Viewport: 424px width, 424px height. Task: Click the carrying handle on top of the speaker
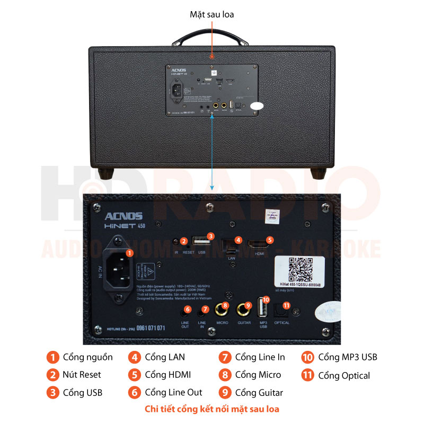[211, 38]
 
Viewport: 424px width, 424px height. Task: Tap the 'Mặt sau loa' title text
[211, 14]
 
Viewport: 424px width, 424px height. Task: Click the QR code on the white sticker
[301, 269]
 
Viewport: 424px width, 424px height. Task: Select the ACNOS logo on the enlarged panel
[123, 216]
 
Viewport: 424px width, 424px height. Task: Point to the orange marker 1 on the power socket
[129, 253]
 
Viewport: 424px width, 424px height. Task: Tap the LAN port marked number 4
[231, 245]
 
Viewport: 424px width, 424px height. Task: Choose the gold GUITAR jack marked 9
[245, 308]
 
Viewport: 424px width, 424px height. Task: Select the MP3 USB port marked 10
[262, 310]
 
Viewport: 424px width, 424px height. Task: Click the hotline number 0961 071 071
[151, 328]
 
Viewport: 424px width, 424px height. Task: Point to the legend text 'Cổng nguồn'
[87, 357]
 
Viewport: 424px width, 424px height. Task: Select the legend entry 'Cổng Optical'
[344, 375]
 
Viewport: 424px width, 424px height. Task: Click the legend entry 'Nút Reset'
[82, 375]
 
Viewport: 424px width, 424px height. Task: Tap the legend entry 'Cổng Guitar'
[259, 393]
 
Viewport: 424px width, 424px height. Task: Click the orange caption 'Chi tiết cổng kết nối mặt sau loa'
[212, 409]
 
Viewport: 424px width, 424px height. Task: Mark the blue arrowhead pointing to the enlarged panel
[212, 187]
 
